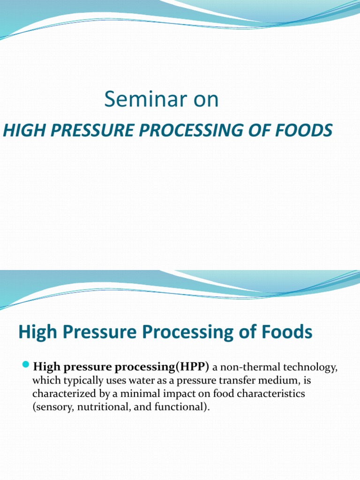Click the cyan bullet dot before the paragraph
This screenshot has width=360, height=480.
click(26, 365)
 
